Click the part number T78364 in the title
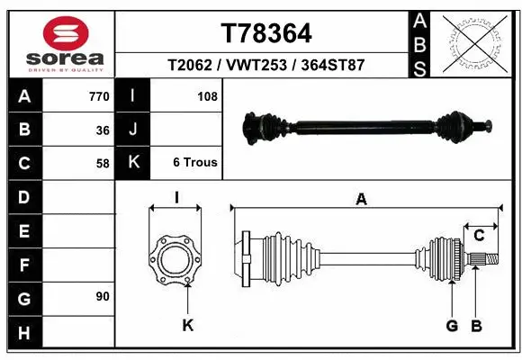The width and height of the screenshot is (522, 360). (x=266, y=33)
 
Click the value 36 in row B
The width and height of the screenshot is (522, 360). (x=103, y=130)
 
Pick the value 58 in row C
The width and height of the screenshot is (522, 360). (x=103, y=163)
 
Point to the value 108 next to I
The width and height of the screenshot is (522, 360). (x=207, y=96)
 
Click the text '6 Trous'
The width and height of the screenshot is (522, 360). (x=195, y=163)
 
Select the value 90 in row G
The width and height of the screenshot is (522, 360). (x=103, y=296)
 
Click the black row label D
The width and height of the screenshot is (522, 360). (x=23, y=197)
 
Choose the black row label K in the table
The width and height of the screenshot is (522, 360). (x=133, y=163)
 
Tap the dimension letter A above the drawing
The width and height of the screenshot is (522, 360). (x=362, y=200)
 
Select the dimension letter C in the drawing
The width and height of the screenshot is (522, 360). (x=480, y=236)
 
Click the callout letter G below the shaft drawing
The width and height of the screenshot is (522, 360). (x=452, y=325)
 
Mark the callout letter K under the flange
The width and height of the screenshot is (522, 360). (x=187, y=325)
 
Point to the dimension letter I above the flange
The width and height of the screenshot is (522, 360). (x=176, y=198)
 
